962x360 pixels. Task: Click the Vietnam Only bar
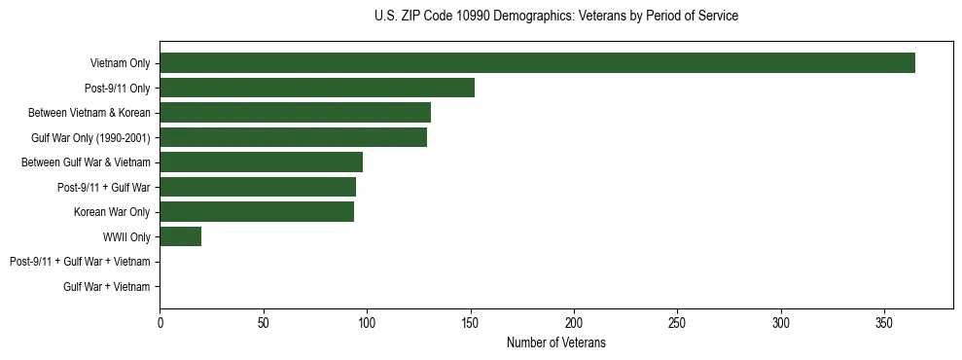537,63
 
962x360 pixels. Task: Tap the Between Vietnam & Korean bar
295,113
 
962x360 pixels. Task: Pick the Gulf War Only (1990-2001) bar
293,137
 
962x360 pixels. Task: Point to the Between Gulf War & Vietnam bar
261,162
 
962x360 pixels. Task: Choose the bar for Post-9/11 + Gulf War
258,187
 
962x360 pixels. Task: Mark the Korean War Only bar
257,212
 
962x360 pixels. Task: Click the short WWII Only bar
180,236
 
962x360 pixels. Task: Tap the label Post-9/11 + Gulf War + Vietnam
80,262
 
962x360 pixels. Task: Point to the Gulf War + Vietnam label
107,286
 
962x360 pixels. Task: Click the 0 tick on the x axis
160,322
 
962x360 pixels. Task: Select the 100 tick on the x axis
367,322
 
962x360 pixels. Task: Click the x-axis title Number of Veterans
555,342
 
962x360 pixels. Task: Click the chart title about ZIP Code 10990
555,17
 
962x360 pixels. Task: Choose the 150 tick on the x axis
470,322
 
